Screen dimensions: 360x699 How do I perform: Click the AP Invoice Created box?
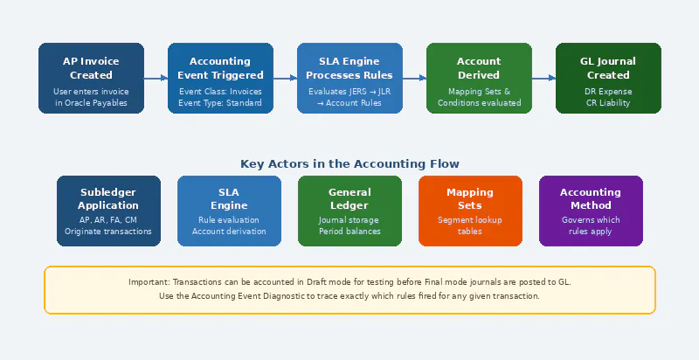click(x=91, y=78)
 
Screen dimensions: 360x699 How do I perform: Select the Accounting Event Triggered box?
click(x=220, y=78)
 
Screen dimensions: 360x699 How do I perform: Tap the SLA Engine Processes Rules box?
click(x=349, y=78)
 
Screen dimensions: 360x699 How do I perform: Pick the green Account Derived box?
click(x=479, y=78)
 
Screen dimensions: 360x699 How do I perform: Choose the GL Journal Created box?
click(x=608, y=78)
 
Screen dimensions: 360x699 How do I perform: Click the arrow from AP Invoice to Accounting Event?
click(x=156, y=78)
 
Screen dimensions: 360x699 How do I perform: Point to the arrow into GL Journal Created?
click(x=543, y=78)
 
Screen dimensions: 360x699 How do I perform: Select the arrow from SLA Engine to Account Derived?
click(x=414, y=78)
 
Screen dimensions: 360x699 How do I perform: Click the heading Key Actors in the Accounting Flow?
click(x=349, y=163)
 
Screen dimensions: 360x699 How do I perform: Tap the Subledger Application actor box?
click(x=108, y=211)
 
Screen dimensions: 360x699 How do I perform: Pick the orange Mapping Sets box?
click(x=470, y=211)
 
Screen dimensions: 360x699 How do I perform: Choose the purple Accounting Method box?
click(x=591, y=211)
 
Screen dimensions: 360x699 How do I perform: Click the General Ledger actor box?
click(x=349, y=211)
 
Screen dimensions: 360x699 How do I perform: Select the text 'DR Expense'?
click(x=608, y=91)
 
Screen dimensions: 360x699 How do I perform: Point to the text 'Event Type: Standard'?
click(x=220, y=103)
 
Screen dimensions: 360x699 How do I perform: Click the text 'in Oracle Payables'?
click(x=91, y=103)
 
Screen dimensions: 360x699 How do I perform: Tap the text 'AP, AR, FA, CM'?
click(x=108, y=219)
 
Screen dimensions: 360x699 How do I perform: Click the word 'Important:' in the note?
click(x=149, y=282)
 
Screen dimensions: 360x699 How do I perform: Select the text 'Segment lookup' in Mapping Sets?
click(x=470, y=219)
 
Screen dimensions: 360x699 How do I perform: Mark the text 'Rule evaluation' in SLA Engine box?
click(x=229, y=219)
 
